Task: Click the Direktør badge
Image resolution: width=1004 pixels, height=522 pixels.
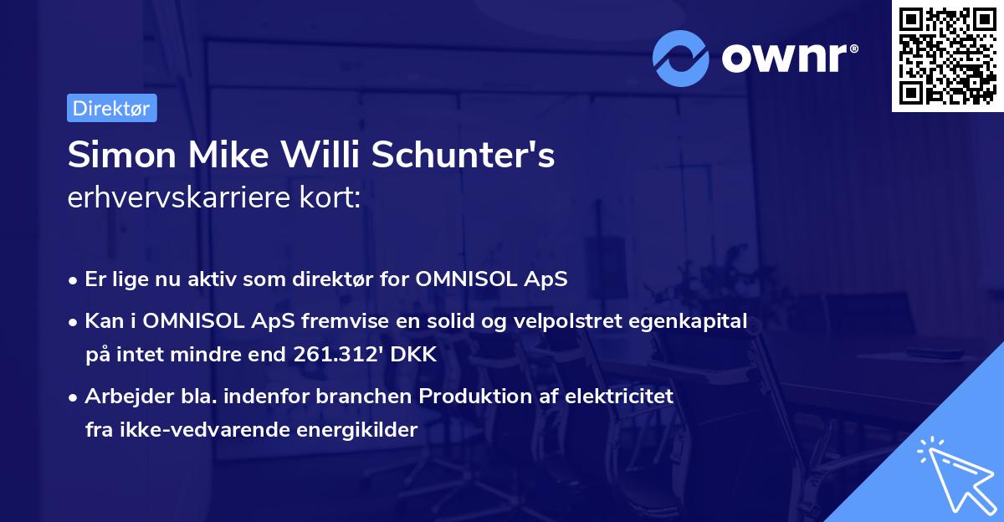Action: [111, 108]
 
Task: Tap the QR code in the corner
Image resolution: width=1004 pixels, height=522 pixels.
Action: [947, 55]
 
